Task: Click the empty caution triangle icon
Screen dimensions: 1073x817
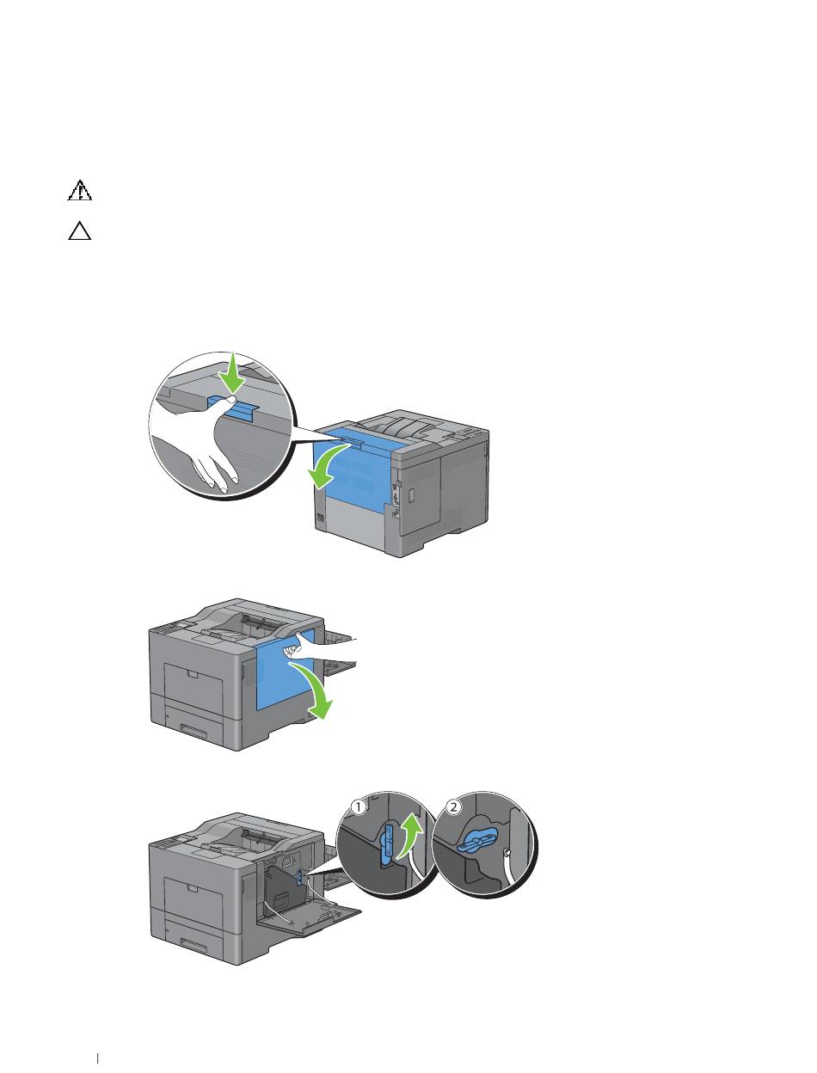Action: click(79, 232)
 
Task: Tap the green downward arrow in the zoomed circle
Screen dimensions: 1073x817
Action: click(230, 373)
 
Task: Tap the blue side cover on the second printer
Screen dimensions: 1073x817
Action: click(284, 679)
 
